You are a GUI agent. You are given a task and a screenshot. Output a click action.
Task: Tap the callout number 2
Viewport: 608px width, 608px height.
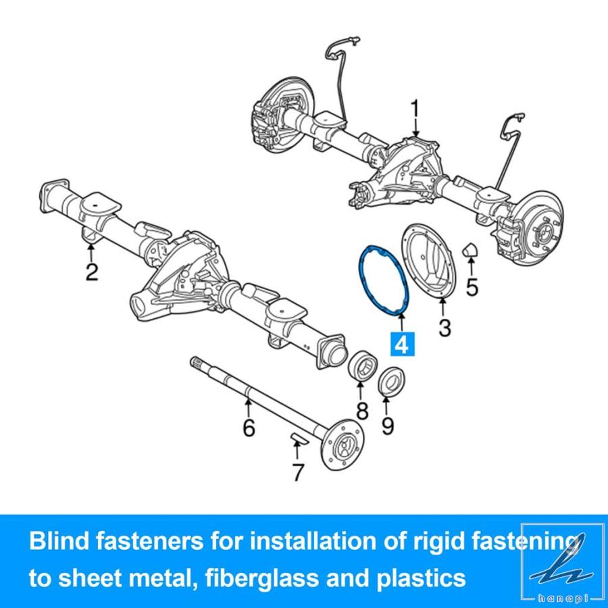(91, 272)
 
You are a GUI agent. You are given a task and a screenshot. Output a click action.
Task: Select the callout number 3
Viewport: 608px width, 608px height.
(445, 328)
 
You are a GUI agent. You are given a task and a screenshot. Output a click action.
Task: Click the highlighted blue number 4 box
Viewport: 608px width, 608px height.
(403, 344)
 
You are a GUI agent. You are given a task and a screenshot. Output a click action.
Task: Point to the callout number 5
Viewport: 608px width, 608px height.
(472, 287)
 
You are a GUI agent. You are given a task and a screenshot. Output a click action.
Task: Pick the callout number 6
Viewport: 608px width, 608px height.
(249, 427)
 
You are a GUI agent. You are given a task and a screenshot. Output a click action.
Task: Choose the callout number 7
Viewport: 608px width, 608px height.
(297, 472)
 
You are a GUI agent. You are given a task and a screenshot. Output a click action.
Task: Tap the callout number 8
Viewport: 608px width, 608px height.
(362, 411)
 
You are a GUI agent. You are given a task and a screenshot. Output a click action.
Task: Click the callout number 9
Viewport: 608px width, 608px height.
(387, 426)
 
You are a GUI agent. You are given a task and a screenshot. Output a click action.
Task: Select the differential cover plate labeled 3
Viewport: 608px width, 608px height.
(429, 260)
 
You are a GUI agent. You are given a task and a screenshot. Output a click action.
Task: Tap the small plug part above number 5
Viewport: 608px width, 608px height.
(470, 250)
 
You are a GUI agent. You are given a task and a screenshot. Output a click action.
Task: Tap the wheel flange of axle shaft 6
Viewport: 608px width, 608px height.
(343, 445)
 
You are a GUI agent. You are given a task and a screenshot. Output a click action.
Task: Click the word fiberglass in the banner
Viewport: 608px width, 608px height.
(261, 578)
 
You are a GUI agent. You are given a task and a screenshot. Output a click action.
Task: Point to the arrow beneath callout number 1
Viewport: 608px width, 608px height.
(415, 128)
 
